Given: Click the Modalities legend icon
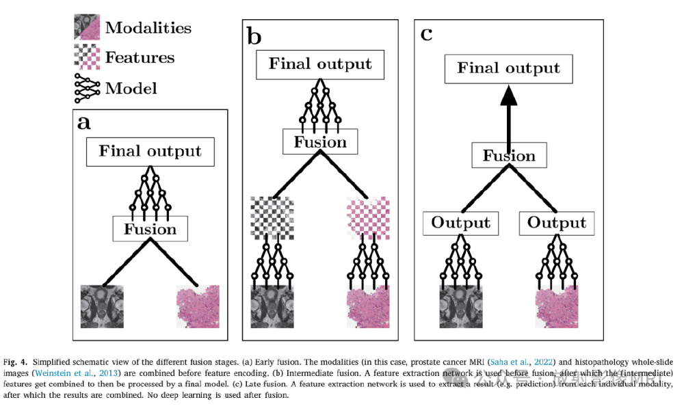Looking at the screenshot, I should pos(86,27).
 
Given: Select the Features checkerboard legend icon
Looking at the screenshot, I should pos(86,57).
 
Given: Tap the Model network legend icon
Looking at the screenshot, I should pos(86,88).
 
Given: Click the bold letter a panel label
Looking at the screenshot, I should pos(84,122).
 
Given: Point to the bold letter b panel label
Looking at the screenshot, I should pos(254,36).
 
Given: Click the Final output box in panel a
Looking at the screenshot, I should pos(150,151).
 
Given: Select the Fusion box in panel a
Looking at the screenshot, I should pos(150,229).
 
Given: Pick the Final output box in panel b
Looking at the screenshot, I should pos(320,65).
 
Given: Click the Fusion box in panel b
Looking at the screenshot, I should pos(320,142).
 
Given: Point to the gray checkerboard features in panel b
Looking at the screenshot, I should pos(272,217).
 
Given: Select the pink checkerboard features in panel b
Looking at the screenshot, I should pos(369,217).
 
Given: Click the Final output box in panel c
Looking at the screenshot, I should pos(508,68).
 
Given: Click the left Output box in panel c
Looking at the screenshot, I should pos(460,223).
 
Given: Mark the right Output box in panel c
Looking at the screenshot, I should pos(556,223).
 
